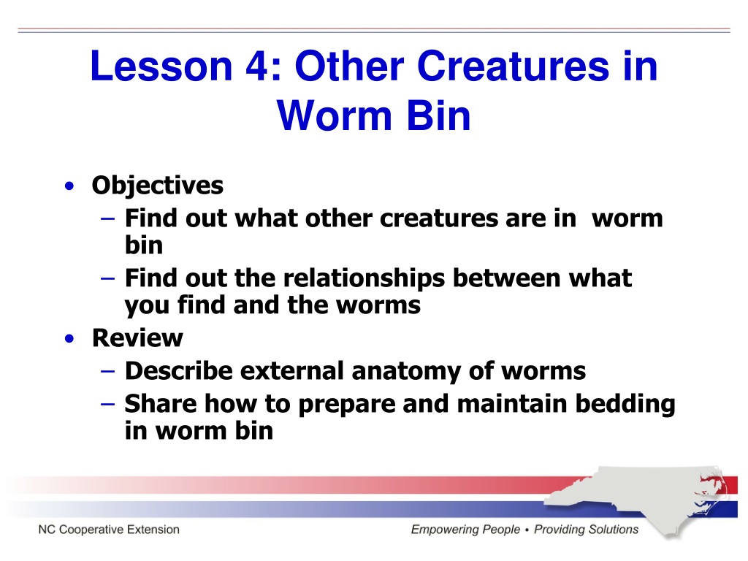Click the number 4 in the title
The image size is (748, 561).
click(x=257, y=66)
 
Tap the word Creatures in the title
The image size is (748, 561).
click(x=514, y=66)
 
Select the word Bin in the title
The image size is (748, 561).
click(x=438, y=115)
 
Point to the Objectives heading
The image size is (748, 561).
click(x=158, y=186)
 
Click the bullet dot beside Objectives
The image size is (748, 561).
click(x=69, y=186)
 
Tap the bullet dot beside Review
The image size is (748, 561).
click(x=69, y=338)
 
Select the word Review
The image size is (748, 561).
click(x=137, y=338)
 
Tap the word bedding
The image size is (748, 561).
click(x=625, y=404)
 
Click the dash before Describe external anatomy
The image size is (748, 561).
click(x=108, y=371)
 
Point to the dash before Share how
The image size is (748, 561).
click(x=108, y=404)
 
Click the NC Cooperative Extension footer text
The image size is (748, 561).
click(x=109, y=530)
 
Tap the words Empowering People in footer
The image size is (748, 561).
click(x=465, y=530)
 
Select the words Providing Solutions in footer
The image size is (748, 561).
click(x=586, y=530)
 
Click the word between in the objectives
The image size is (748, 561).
click(x=506, y=278)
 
